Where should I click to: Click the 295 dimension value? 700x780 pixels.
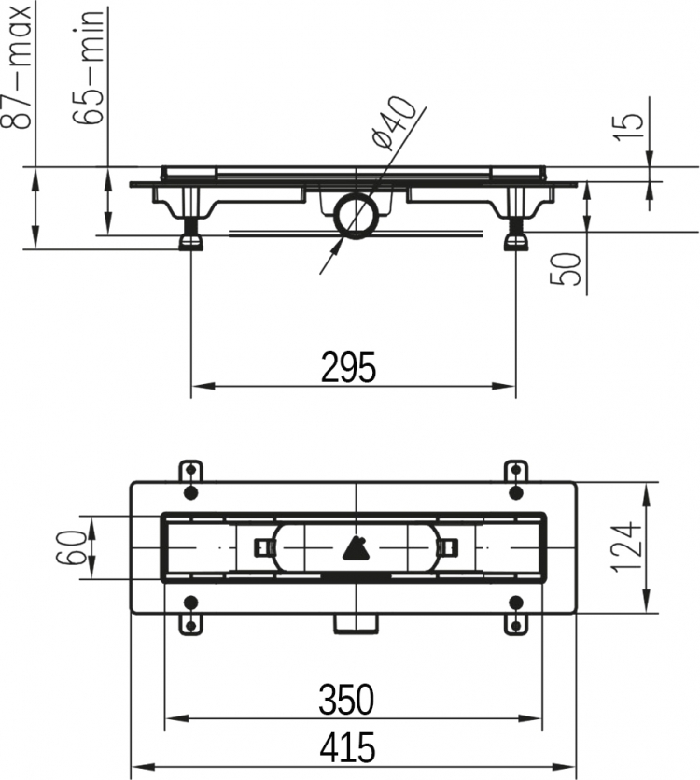click(x=348, y=368)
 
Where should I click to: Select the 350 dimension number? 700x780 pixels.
click(x=346, y=699)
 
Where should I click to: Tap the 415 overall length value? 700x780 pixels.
click(x=347, y=747)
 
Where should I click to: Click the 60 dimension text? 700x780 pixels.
click(x=69, y=547)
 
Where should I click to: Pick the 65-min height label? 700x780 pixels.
click(x=89, y=67)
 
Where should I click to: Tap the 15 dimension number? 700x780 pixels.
click(x=628, y=128)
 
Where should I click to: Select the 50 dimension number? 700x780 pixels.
click(x=566, y=269)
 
